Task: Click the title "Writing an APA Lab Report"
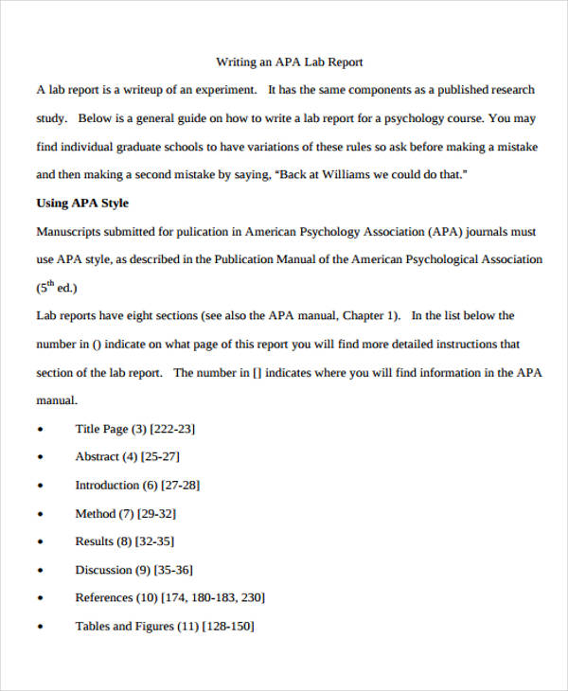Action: [290, 62]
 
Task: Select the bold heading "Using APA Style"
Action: [82, 203]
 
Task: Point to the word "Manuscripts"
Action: [70, 231]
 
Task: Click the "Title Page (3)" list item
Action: [109, 429]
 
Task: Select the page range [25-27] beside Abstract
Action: [160, 457]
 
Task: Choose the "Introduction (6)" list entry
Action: [115, 486]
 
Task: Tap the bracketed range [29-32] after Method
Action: [155, 514]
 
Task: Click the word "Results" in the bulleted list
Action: [94, 541]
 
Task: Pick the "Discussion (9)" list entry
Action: [112, 570]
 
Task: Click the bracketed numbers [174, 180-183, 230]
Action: [212, 598]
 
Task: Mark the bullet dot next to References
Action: [40, 599]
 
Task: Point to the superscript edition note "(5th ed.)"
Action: [57, 288]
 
